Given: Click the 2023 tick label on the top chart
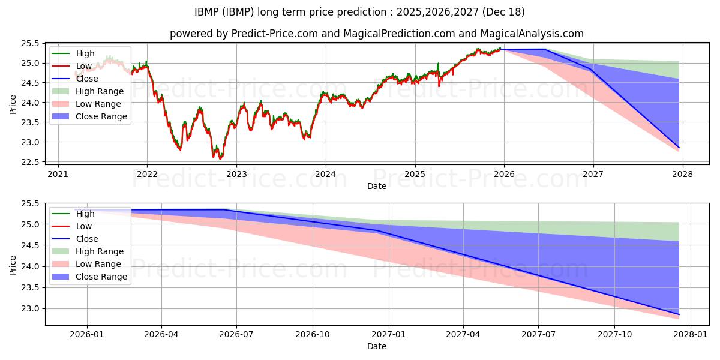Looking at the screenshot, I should click(x=236, y=175).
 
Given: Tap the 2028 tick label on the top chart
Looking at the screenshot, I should click(x=683, y=175).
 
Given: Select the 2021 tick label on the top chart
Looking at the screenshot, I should click(x=58, y=175).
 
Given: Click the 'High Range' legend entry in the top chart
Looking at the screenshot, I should click(x=99, y=91).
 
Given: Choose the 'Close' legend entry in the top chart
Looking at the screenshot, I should click(x=87, y=79).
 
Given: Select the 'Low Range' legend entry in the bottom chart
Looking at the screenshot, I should click(x=98, y=264).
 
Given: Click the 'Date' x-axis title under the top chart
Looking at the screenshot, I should click(x=376, y=186).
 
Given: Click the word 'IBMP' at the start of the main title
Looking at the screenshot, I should click(x=208, y=12).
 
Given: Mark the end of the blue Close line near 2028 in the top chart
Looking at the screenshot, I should click(x=679, y=148).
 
